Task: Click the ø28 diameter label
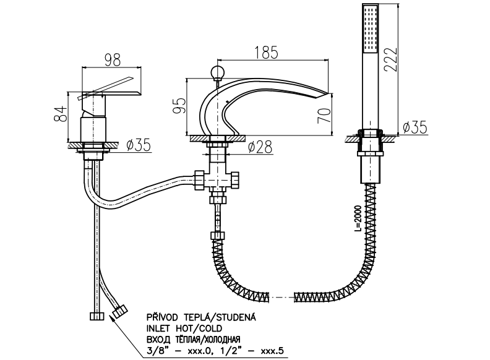point(260,147)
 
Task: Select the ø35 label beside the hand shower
point(414,128)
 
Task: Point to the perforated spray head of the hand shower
point(371,28)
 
